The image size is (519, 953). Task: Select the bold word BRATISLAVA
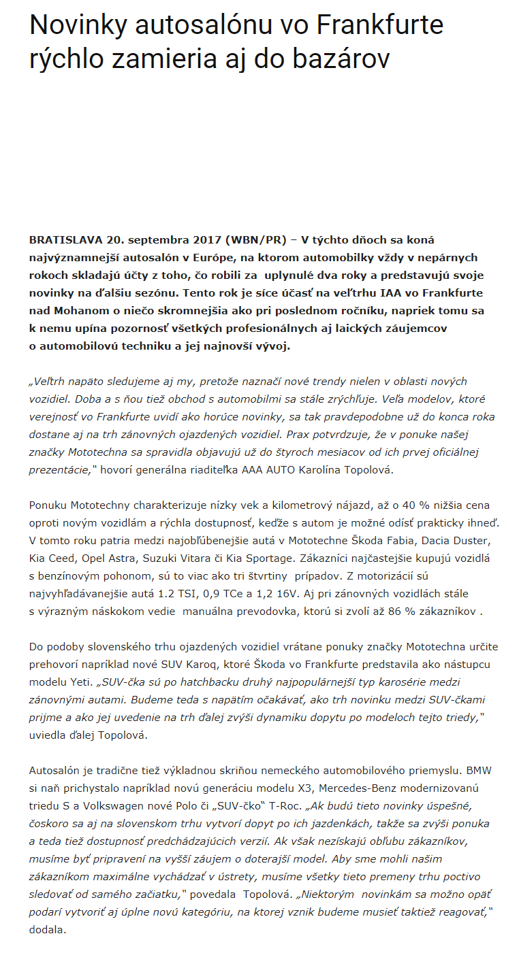tap(65, 240)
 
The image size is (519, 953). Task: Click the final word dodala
tap(47, 930)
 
